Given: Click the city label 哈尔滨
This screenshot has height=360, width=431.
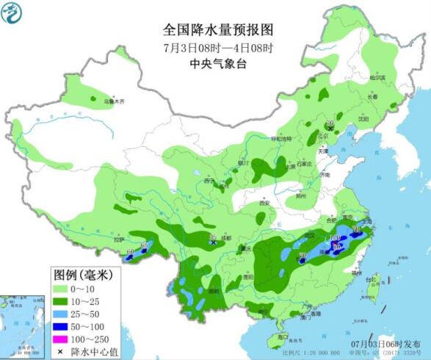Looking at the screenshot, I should click(x=377, y=77).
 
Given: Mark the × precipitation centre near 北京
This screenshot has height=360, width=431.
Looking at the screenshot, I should click(x=330, y=128).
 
